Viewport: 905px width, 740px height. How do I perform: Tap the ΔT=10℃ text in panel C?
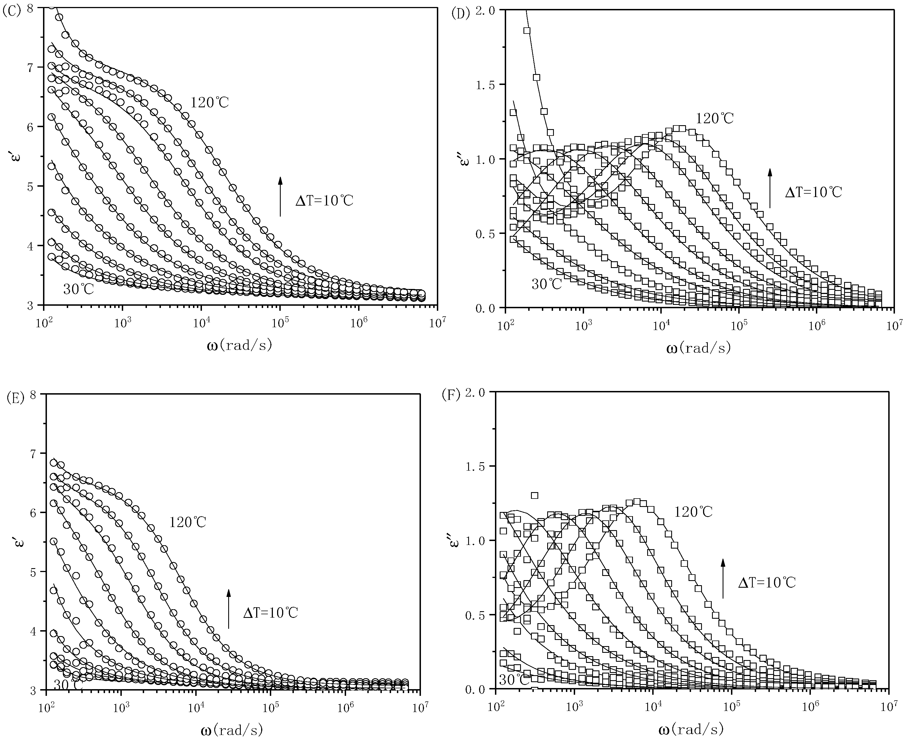[325, 200]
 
